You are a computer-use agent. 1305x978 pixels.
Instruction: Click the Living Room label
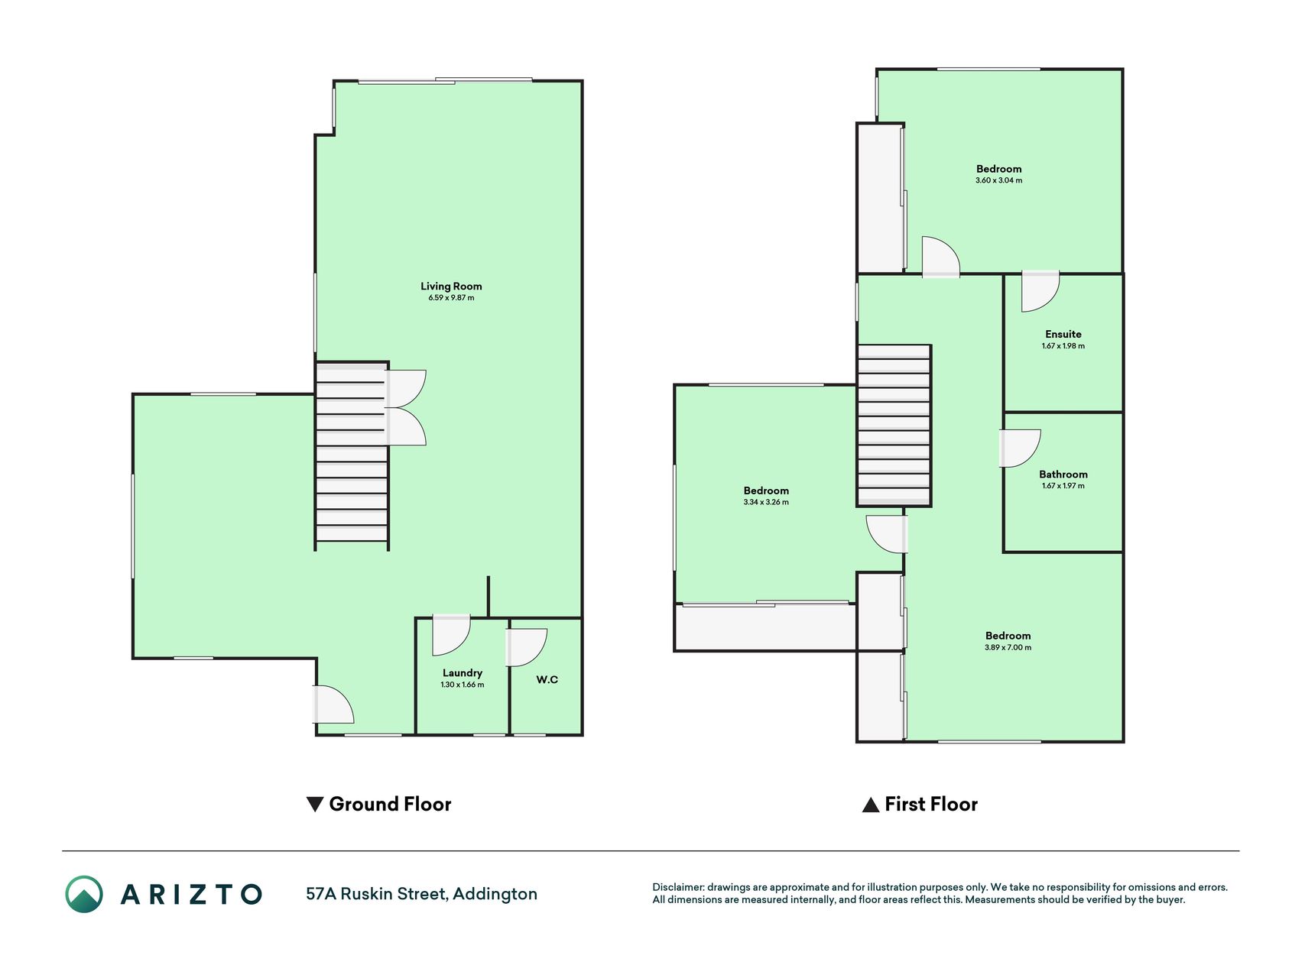(x=451, y=287)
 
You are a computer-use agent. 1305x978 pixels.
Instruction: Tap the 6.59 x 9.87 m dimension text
(x=451, y=298)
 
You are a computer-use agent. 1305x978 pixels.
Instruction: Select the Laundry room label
(x=463, y=673)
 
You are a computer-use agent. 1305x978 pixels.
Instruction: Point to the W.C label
(x=547, y=679)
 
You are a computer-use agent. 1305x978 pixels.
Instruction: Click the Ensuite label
(x=1063, y=334)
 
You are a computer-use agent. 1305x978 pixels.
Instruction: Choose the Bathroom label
(x=1063, y=474)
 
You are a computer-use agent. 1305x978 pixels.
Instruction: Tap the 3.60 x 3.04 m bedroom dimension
(x=998, y=180)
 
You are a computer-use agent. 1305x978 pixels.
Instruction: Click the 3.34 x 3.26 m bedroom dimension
(x=766, y=502)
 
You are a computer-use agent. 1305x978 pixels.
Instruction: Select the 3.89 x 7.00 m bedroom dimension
(x=1008, y=647)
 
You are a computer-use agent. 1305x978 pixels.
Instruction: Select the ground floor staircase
(x=352, y=455)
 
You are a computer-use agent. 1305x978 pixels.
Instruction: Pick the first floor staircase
(x=894, y=425)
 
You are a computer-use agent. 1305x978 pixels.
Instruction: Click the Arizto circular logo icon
(x=84, y=894)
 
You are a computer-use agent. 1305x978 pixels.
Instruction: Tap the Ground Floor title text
(x=390, y=804)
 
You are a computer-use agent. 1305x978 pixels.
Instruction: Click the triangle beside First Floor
(x=871, y=805)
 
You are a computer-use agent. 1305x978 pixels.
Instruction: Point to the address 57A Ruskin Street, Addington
(x=421, y=894)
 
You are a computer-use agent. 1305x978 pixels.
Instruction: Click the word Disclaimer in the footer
(x=677, y=887)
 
